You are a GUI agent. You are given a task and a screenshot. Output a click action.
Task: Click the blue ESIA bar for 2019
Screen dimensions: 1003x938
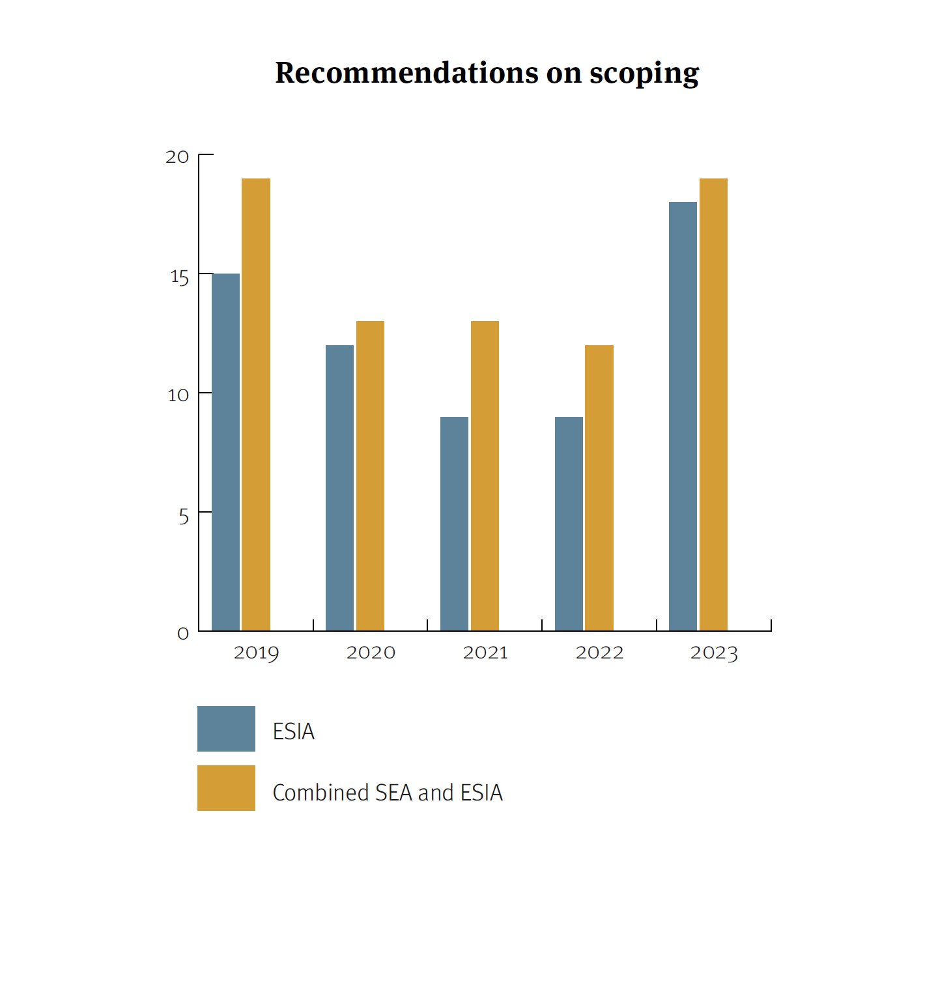click(x=225, y=452)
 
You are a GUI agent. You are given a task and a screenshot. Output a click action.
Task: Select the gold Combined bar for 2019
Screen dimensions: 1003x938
click(x=256, y=404)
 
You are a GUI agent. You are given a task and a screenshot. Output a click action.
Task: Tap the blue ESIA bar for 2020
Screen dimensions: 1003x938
click(x=339, y=488)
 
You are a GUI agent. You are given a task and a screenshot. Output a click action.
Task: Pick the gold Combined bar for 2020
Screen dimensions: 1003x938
click(x=370, y=475)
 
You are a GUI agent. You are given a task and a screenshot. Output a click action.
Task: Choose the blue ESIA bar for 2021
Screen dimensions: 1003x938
click(x=454, y=524)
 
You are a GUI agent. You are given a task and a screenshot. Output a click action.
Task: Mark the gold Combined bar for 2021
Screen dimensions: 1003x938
click(x=485, y=475)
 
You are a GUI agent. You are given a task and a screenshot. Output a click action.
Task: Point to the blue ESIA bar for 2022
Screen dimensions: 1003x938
click(x=569, y=524)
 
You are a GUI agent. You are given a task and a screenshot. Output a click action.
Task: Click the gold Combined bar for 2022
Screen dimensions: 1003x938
click(x=599, y=488)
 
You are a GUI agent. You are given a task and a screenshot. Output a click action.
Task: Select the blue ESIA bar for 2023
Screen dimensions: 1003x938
click(x=683, y=416)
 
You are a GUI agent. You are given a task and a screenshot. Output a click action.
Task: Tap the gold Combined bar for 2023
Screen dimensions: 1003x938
click(x=713, y=404)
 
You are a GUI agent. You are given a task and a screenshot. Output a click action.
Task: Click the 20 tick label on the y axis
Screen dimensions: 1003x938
click(x=177, y=157)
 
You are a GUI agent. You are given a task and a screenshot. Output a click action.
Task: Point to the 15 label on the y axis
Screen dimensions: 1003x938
click(x=179, y=277)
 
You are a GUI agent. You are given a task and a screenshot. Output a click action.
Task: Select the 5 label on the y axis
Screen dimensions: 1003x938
click(x=184, y=517)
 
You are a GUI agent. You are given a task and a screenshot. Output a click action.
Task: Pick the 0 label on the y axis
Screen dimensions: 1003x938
click(x=183, y=634)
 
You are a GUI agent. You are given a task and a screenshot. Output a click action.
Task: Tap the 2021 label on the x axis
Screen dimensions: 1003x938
click(x=485, y=653)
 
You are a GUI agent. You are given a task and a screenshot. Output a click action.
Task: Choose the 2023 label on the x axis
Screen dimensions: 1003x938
click(x=714, y=653)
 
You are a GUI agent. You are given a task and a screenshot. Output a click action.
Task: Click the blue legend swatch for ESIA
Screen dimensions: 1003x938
click(x=226, y=729)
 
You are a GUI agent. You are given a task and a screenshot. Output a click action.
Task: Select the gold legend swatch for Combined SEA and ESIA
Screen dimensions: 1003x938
click(x=226, y=788)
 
